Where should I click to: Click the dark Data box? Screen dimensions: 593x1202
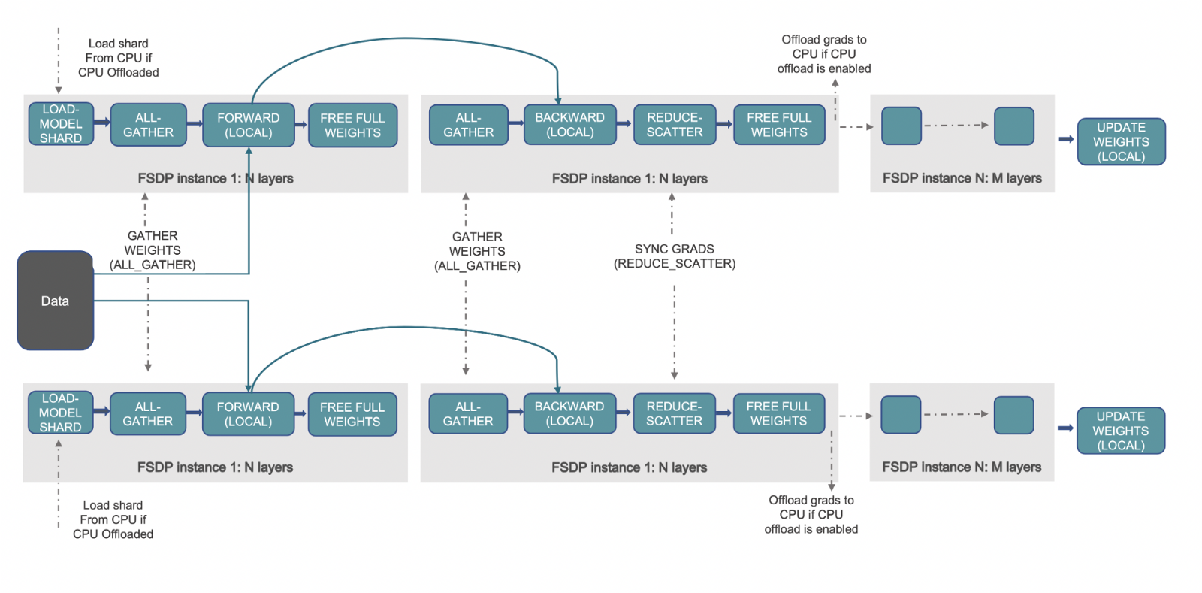pos(55,301)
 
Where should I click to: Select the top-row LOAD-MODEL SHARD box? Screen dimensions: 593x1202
pos(61,124)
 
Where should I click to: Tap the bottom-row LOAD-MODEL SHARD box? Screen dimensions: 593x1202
pos(60,413)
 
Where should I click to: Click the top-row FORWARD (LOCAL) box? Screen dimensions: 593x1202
pos(248,125)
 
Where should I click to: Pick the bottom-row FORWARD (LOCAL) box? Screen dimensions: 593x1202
pos(248,414)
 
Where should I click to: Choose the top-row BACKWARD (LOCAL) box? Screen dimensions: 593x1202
pos(569,125)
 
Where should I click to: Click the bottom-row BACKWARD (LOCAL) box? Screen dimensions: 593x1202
pos(569,413)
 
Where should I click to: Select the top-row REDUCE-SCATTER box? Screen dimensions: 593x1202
pos(675,125)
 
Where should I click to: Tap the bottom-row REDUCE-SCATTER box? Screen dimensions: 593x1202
pos(674,413)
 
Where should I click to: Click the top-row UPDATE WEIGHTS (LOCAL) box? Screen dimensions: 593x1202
pos(1121,141)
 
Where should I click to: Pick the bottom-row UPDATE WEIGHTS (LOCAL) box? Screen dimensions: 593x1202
pos(1120,431)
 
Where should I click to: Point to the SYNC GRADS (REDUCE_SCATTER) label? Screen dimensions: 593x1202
pos(674,256)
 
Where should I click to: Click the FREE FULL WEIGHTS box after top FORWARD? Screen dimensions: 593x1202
pos(352,125)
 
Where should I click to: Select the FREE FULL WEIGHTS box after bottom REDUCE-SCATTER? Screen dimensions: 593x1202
pos(778,413)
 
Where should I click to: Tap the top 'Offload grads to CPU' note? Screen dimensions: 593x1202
pos(824,54)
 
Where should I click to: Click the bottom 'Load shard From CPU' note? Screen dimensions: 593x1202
pos(113,519)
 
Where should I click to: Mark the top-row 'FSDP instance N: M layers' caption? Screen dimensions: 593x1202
pos(962,178)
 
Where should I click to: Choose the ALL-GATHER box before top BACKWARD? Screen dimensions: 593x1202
pos(468,125)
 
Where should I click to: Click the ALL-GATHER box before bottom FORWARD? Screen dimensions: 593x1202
pos(148,414)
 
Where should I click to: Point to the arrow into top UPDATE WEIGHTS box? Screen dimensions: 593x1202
pos(1065,139)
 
